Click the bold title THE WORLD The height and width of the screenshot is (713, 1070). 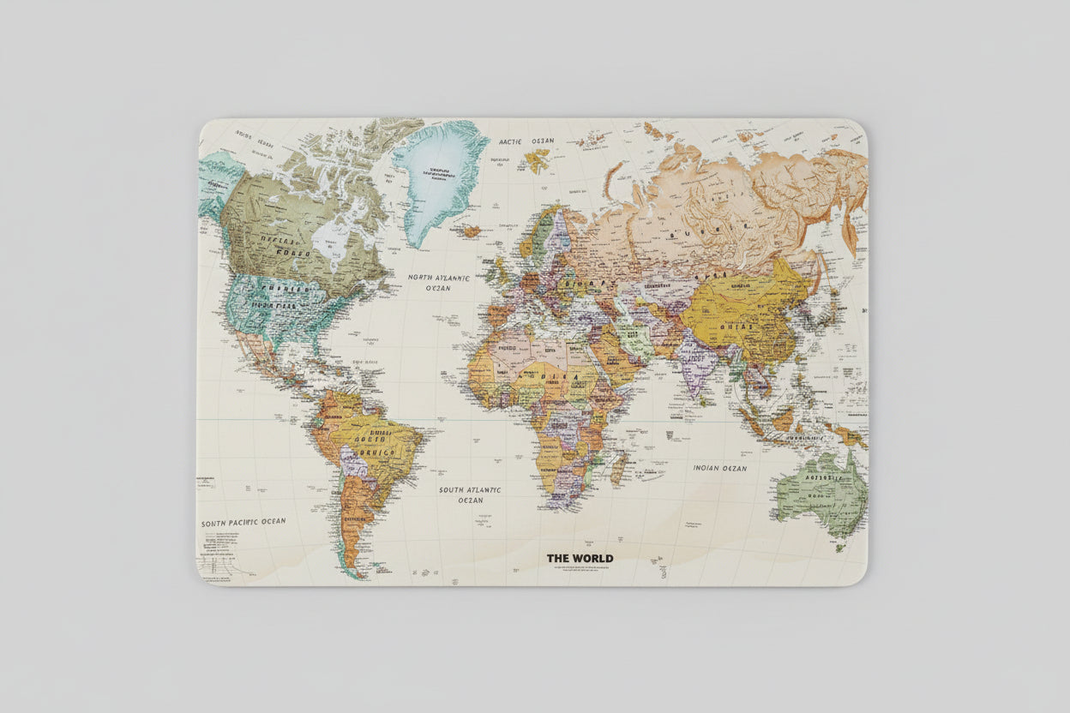580,559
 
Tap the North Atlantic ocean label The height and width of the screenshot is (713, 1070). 438,283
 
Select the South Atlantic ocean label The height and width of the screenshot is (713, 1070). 469,494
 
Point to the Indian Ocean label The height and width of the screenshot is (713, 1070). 719,469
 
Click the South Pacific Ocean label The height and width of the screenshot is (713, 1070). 243,522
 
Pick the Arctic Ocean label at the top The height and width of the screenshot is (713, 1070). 526,141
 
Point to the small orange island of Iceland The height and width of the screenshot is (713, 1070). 469,231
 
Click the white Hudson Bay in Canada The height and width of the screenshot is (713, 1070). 329,239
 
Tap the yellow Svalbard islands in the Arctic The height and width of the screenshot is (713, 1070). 537,159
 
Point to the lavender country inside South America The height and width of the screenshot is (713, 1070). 353,462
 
